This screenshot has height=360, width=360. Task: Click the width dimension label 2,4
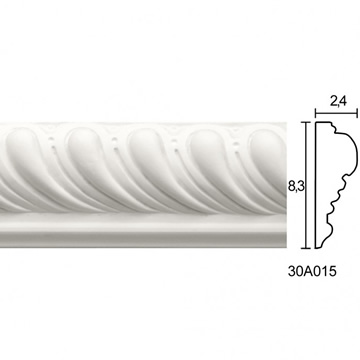338,101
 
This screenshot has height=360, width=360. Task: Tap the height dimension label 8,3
295,186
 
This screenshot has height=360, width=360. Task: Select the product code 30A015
312,271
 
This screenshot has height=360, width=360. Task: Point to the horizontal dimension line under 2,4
336,113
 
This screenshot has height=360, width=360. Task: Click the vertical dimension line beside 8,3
306,185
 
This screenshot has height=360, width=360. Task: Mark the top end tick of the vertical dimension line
306,122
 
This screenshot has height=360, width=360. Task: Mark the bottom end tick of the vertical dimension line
306,248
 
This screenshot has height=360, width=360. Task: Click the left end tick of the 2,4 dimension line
316,113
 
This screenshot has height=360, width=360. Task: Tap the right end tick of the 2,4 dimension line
357,113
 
